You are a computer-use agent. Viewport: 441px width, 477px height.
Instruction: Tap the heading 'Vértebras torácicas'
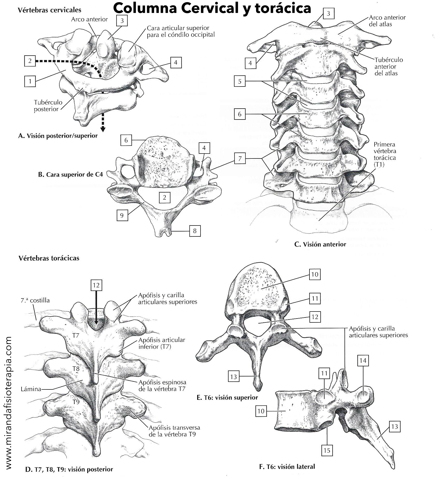49,258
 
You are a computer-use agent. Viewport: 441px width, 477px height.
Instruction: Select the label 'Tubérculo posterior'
48,105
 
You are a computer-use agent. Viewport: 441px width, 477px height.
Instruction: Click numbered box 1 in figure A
30,81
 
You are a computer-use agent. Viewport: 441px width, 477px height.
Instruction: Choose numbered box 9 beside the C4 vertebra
122,215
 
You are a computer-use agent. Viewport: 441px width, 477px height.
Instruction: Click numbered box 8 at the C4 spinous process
195,231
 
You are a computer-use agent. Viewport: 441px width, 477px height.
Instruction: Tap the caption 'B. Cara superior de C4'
71,174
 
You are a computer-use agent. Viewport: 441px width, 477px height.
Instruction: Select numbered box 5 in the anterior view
240,81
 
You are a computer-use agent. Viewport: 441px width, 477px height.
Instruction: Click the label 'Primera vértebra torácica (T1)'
385,154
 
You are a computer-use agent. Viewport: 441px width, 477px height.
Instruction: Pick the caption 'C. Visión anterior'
320,244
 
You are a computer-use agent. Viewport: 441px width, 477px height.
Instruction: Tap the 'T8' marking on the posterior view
76,369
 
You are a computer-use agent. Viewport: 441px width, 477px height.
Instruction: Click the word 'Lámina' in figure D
31,389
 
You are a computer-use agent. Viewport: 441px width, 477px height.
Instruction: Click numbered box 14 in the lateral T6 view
363,361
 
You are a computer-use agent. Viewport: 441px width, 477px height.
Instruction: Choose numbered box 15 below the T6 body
327,450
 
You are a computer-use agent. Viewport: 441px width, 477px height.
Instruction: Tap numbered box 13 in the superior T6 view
233,376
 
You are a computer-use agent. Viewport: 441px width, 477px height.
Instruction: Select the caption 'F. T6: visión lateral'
287,467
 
